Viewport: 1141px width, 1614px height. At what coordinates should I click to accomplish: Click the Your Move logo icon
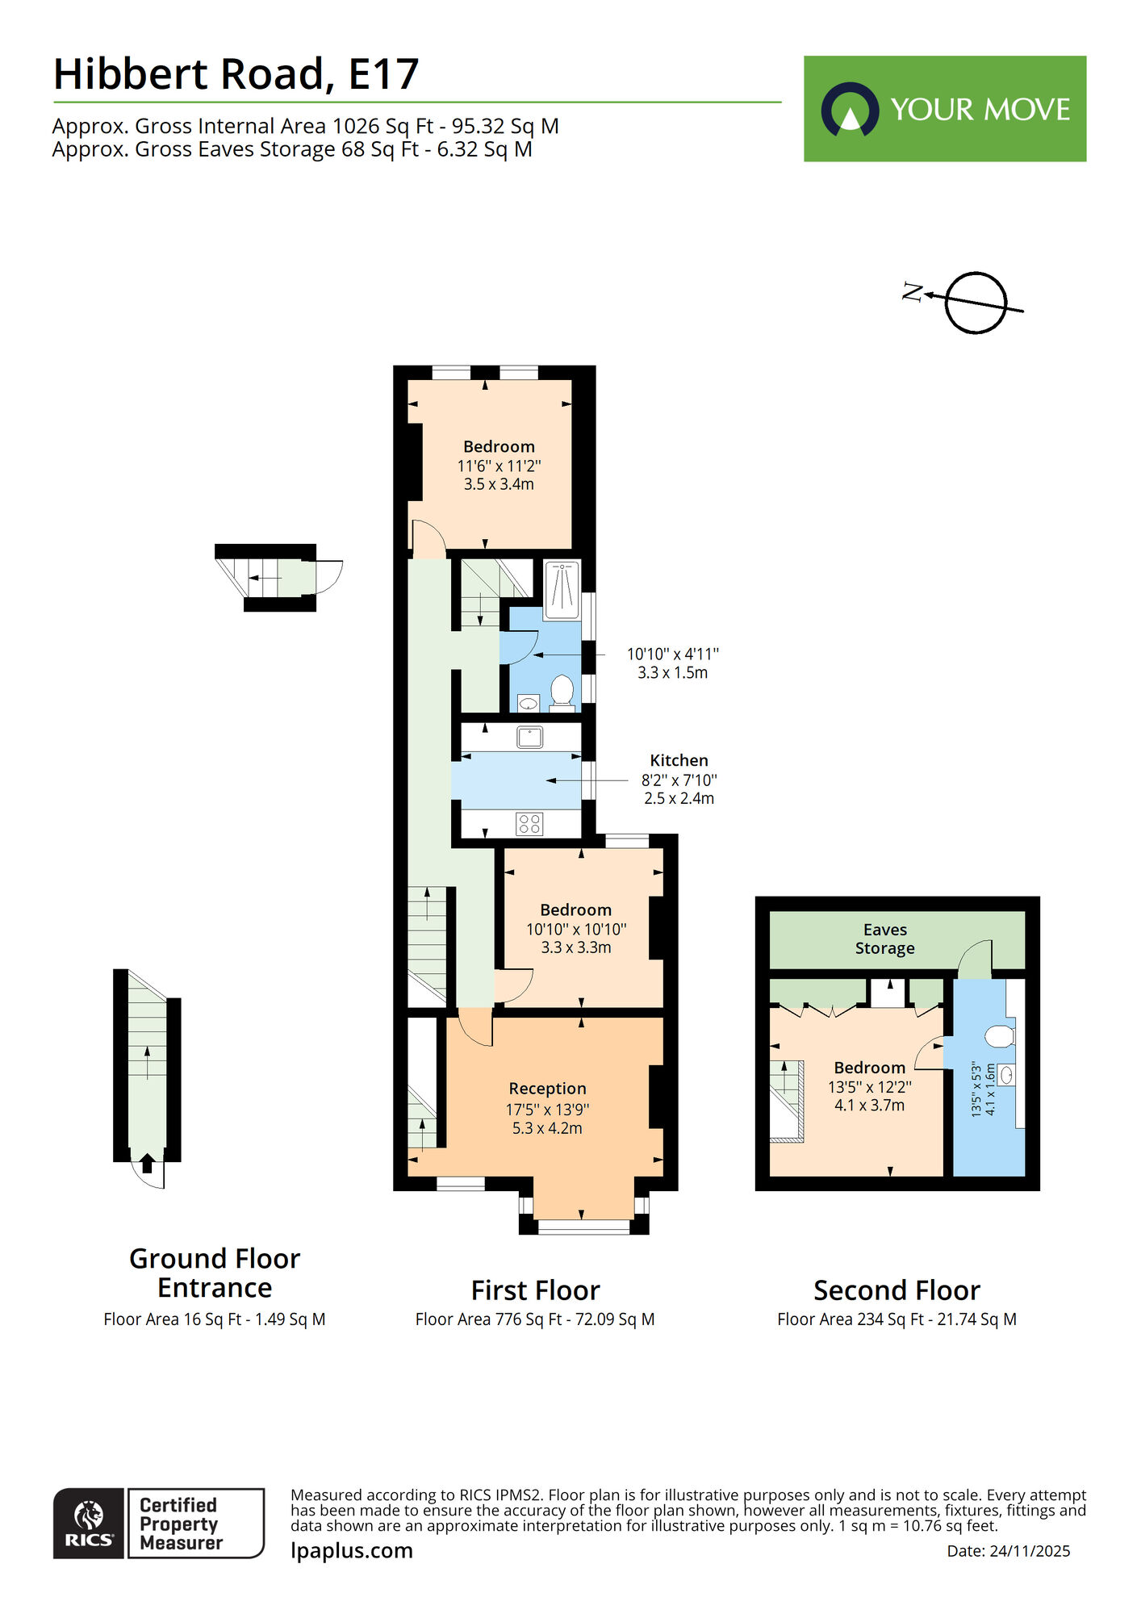coord(850,109)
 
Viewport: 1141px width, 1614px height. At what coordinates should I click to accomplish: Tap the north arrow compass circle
coord(976,303)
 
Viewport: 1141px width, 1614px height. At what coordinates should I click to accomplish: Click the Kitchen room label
coord(679,760)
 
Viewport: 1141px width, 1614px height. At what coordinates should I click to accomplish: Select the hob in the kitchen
coord(529,824)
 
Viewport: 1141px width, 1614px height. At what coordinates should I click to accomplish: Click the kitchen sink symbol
coord(529,737)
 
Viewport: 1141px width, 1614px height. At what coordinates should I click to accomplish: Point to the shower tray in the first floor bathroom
coord(562,589)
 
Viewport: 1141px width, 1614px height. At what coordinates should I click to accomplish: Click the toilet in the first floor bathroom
coord(562,692)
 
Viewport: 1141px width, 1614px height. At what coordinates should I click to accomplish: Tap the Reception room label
coord(547,1089)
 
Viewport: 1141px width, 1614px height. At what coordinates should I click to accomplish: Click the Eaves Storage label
coord(885,939)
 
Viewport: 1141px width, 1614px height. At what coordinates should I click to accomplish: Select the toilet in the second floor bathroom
coord(1001,1035)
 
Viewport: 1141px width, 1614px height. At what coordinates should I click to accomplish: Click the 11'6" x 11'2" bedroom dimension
coord(499,466)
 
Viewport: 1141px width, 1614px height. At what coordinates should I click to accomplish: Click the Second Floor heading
coord(896,1290)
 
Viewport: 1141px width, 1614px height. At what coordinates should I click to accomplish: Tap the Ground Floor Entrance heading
coord(215,1273)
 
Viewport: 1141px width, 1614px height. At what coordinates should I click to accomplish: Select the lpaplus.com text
coord(352,1551)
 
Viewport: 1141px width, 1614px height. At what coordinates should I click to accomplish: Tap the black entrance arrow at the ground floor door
coord(147,1163)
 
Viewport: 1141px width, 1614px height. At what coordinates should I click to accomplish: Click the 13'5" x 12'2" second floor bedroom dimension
coord(869,1087)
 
